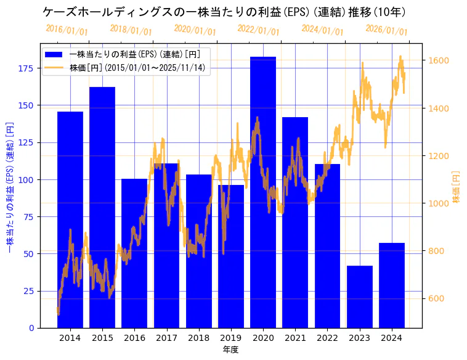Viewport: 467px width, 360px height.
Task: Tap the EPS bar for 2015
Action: coord(102,207)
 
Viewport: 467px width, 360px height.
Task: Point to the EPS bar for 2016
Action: coord(134,253)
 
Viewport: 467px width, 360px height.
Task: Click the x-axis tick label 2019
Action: coord(231,338)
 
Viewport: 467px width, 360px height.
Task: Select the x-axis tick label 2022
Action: coord(327,338)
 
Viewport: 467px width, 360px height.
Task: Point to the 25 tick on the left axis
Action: coord(28,291)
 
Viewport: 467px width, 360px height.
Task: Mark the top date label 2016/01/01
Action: coord(67,30)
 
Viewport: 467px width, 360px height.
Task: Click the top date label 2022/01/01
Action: coord(258,30)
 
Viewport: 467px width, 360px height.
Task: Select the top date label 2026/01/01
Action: coord(386,30)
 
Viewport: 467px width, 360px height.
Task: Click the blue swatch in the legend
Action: coord(54,54)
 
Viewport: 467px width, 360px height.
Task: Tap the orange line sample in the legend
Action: coord(54,67)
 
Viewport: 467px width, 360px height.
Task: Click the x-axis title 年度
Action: coord(230,350)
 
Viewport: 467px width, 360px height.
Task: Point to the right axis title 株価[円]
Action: coord(457,187)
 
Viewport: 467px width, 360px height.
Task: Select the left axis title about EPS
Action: coord(9,186)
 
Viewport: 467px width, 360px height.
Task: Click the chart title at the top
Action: coord(224,12)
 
